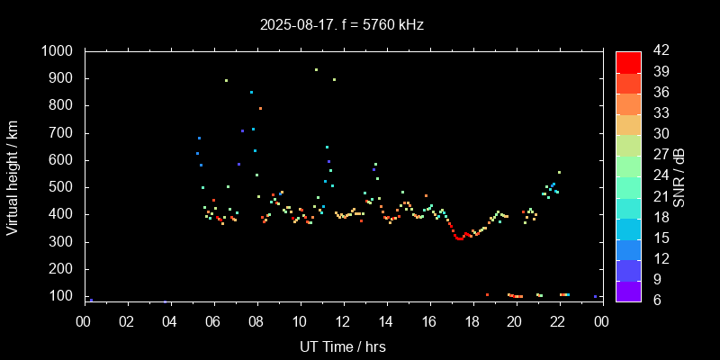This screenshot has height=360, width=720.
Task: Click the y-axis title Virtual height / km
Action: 13,181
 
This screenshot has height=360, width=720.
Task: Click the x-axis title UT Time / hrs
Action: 342,346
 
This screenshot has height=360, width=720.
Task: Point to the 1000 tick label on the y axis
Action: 57,51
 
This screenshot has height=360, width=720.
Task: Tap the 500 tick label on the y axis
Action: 60,187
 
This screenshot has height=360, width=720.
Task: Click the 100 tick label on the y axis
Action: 60,296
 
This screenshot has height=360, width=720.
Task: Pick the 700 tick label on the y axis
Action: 60,133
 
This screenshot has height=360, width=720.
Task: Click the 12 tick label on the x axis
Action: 342,322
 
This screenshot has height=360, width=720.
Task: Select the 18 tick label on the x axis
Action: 472,322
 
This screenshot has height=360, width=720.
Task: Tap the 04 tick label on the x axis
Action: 169,322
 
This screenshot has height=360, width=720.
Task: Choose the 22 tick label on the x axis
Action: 558,322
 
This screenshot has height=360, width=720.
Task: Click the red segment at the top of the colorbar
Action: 628,61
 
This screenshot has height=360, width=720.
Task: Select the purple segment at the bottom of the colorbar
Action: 628,291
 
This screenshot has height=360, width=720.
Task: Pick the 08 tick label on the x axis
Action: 256,322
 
